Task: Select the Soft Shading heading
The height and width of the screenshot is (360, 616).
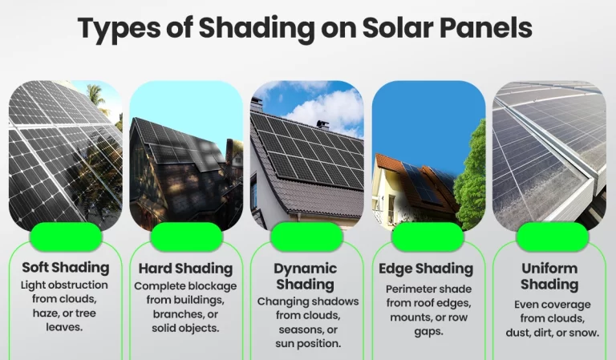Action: pyautogui.click(x=66, y=267)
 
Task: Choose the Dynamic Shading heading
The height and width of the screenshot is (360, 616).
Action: pyautogui.click(x=306, y=276)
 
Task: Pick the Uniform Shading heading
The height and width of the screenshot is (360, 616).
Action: pyautogui.click(x=549, y=276)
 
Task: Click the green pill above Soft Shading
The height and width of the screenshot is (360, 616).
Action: pyautogui.click(x=66, y=237)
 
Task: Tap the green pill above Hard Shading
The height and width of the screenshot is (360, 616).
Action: pyautogui.click(x=186, y=237)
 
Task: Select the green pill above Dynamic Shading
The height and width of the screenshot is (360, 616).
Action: pyautogui.click(x=306, y=237)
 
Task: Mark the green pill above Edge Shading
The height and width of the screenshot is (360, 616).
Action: pyautogui.click(x=428, y=237)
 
